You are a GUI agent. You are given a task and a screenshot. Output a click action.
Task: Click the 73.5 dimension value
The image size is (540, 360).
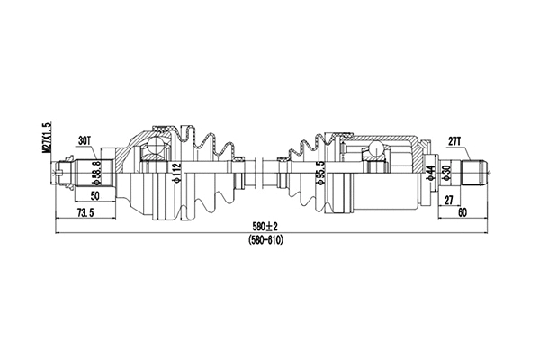[85, 212]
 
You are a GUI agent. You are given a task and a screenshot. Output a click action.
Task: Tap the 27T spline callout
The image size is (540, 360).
[454, 139]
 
